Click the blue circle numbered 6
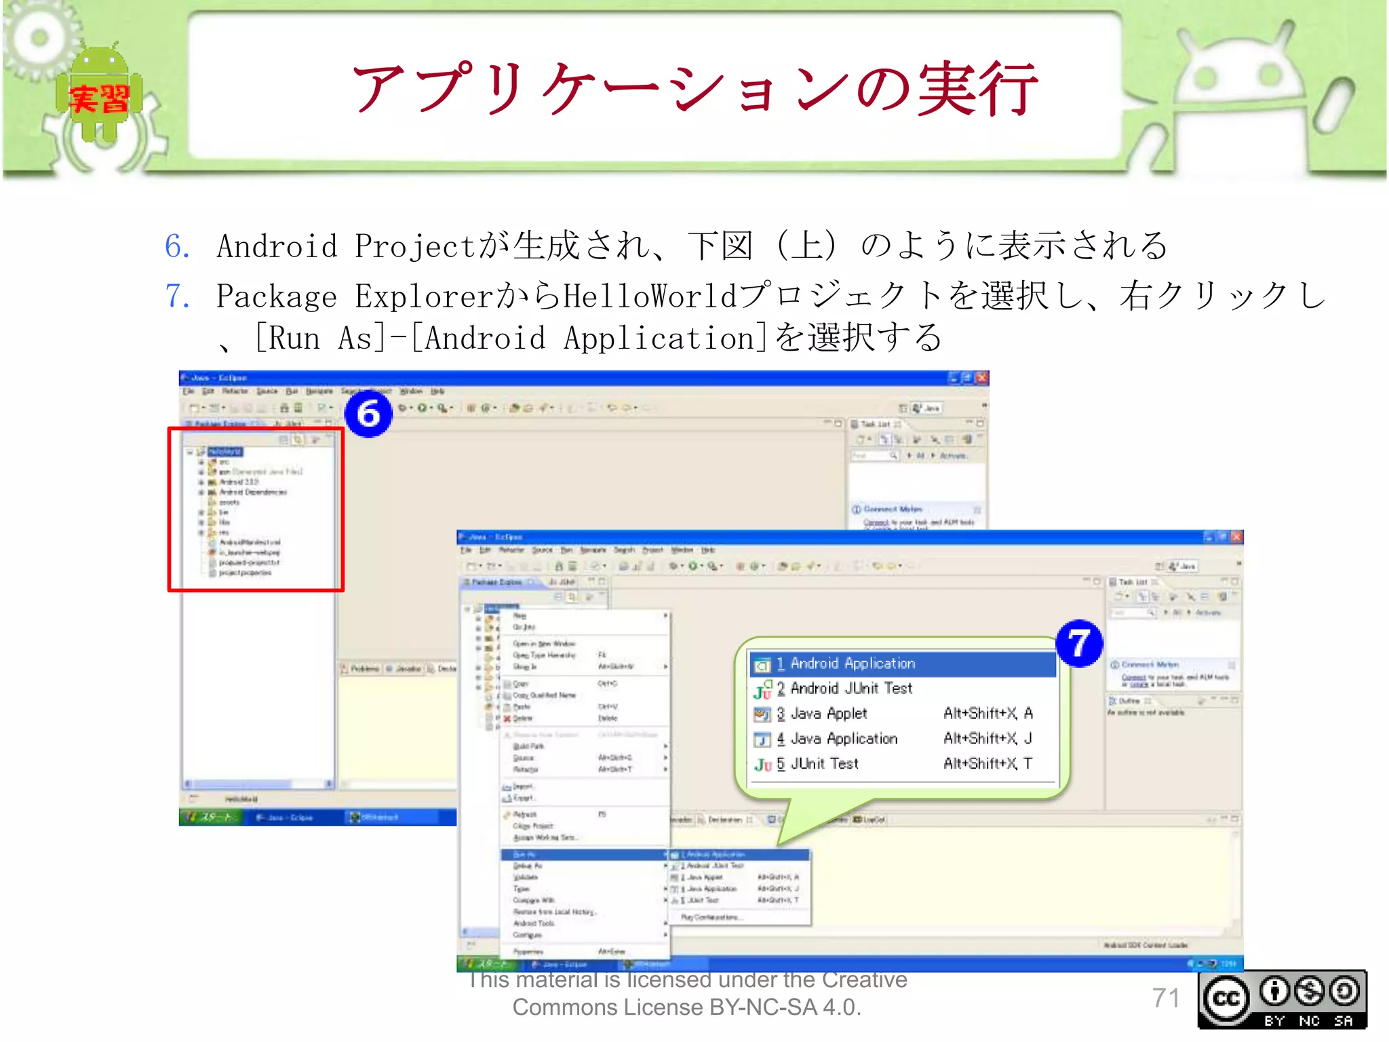click(368, 413)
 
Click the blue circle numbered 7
click(1079, 643)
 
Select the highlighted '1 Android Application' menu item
click(902, 663)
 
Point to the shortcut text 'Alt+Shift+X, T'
click(987, 764)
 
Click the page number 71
click(1166, 998)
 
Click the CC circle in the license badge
click(1226, 999)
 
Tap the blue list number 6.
click(177, 246)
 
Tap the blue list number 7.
click(177, 296)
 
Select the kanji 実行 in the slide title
click(977, 88)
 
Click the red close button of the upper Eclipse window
click(981, 378)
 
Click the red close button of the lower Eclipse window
click(1236, 537)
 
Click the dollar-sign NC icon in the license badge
click(1309, 991)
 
